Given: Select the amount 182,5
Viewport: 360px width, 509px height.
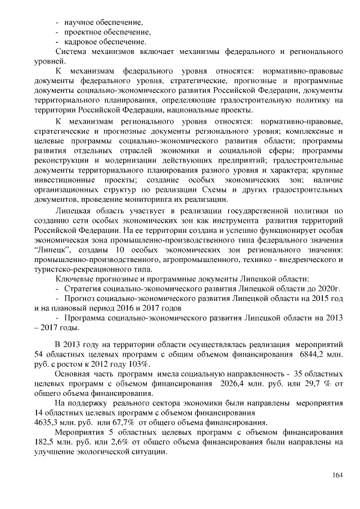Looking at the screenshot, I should (x=46, y=442).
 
